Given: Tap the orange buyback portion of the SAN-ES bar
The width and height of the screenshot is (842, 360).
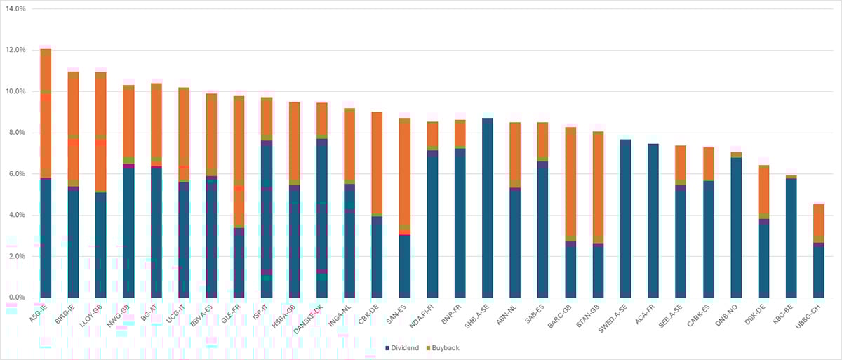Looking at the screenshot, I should (x=405, y=175).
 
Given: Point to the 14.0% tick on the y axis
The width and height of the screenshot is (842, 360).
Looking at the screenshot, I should (x=15, y=9).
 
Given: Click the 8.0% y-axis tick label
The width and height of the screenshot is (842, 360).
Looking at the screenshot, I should (x=16, y=133).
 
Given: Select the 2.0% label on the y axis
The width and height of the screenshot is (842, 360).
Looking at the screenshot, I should (x=16, y=256).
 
